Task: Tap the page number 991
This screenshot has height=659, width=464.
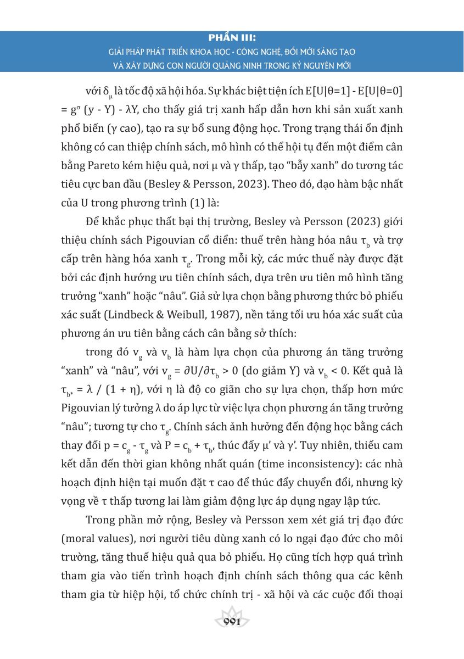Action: pyautogui.click(x=233, y=621)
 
